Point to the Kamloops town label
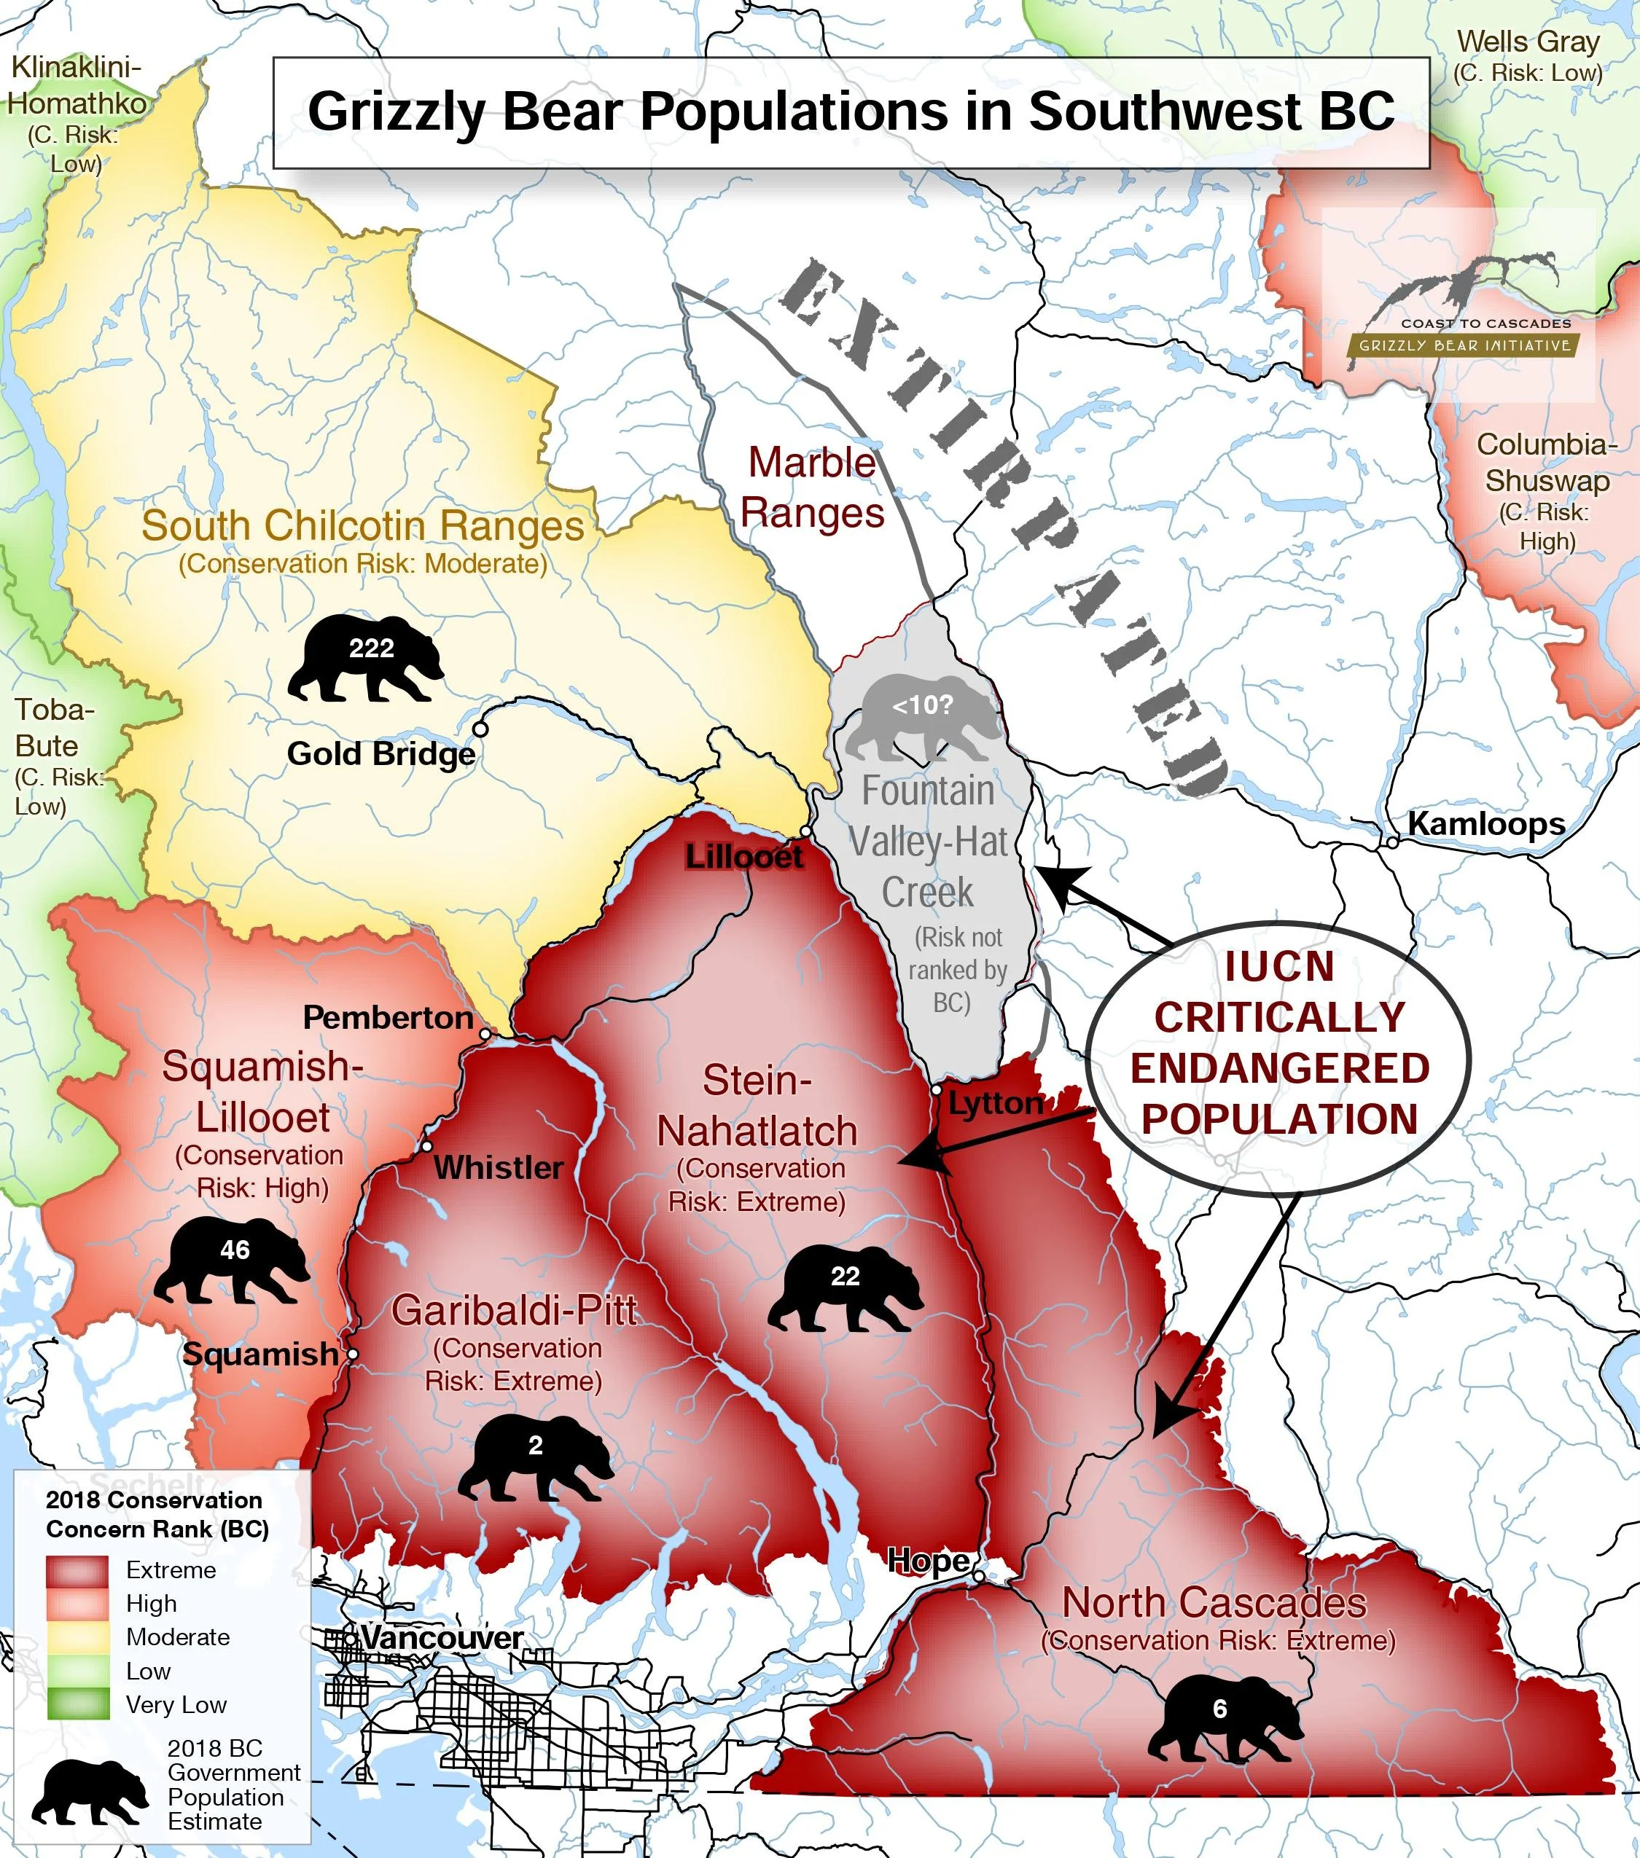(1486, 823)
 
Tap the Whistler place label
(498, 1167)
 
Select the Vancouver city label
(442, 1637)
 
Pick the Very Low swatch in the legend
(77, 1704)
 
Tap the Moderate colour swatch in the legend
(77, 1637)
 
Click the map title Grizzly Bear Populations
(850, 111)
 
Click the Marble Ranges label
(812, 487)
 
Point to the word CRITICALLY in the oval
(1279, 1017)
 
